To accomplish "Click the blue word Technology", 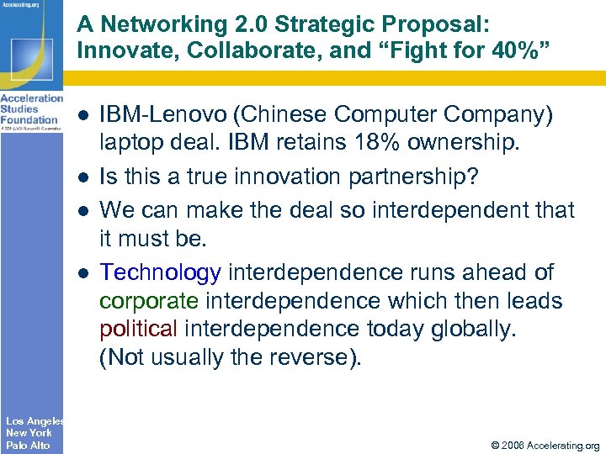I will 160,272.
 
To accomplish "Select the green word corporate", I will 147,300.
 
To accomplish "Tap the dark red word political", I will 137,328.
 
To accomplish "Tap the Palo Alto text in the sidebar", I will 28,445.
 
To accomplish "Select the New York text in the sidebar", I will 29,432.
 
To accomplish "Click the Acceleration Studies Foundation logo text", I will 31,108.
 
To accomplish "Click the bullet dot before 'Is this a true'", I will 84,178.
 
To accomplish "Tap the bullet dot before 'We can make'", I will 84,210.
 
